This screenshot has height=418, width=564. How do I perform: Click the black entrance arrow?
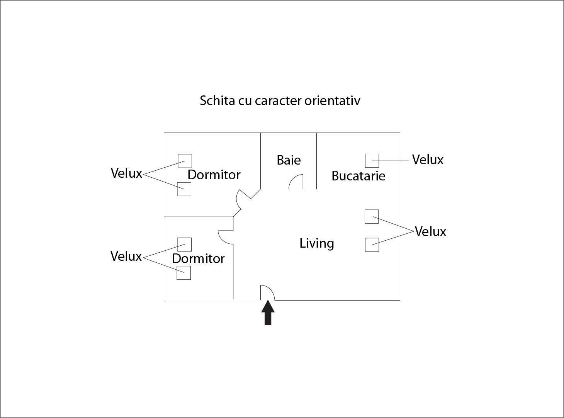point(268,313)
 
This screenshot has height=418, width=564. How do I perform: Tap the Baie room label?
point(289,160)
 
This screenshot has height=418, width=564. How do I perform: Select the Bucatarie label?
point(358,176)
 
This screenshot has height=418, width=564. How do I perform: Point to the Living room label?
point(317,243)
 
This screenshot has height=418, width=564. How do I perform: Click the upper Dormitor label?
point(214,175)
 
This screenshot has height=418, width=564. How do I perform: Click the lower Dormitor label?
point(198,258)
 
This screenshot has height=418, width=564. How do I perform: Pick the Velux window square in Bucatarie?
point(372,161)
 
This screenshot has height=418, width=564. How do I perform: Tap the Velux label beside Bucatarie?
point(428,160)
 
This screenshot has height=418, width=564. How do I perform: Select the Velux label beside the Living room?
point(430,231)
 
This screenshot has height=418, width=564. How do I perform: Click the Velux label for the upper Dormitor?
point(126,173)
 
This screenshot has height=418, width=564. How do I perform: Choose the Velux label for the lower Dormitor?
point(126,256)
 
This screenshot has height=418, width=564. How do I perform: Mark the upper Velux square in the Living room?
point(372,216)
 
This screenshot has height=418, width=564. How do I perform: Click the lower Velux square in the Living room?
point(372,245)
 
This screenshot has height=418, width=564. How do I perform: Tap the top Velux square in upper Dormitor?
point(185,161)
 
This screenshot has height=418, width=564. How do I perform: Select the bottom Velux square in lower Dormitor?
point(183,273)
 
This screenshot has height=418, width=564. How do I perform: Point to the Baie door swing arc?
point(296,182)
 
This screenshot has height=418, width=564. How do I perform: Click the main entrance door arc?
point(267,292)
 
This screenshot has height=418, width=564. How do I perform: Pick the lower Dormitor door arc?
point(226,237)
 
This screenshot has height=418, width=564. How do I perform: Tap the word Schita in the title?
point(217,100)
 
